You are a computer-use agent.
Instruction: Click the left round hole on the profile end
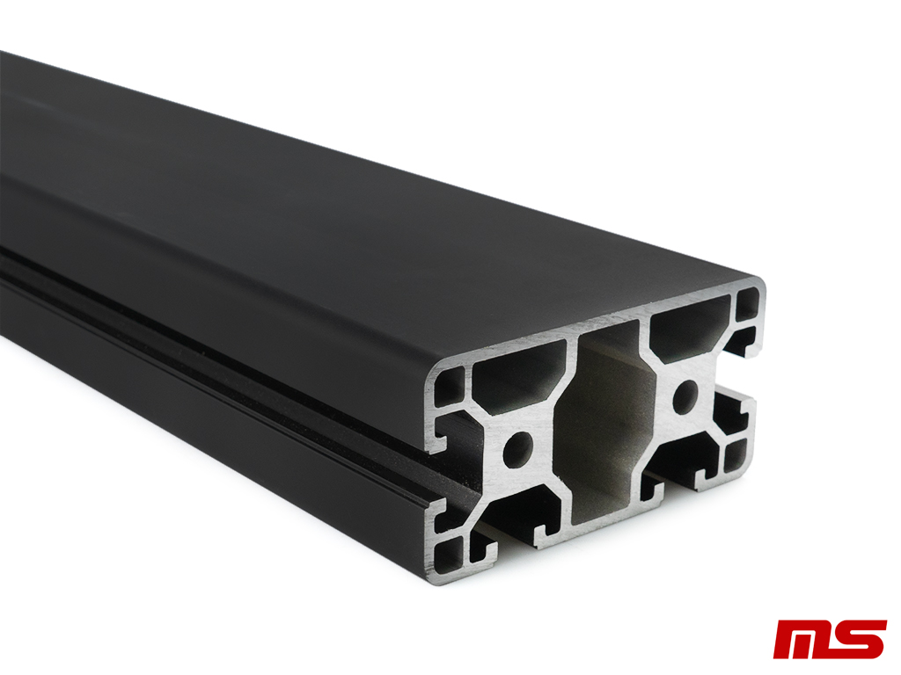point(517,449)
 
